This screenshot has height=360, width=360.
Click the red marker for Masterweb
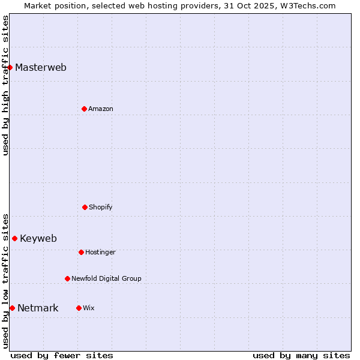pyautogui.click(x=10, y=67)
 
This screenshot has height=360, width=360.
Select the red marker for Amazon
pyautogui.click(x=84, y=109)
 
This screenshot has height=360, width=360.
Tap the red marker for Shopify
pyautogui.click(x=85, y=207)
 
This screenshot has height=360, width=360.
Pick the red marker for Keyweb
pyautogui.click(x=14, y=238)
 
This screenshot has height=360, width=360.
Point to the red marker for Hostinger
pyautogui.click(x=81, y=252)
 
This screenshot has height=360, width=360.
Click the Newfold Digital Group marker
pyautogui.click(x=67, y=278)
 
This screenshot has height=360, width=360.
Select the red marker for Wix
pyautogui.click(x=79, y=308)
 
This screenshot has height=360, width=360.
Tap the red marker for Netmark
pyautogui.click(x=12, y=308)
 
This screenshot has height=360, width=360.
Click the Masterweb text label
pyautogui.click(x=41, y=67)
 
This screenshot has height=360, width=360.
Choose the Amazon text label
pyautogui.click(x=101, y=109)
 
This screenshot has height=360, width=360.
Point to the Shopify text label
pyautogui.click(x=101, y=207)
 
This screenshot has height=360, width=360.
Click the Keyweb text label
pyautogui.click(x=38, y=238)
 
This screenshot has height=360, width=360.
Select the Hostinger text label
pyautogui.click(x=100, y=252)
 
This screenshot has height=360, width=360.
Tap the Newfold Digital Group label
pyautogui.click(x=106, y=278)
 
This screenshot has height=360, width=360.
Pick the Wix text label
pyautogui.click(x=89, y=308)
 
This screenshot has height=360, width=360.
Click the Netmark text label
pyautogui.click(x=38, y=308)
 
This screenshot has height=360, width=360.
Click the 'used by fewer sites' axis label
pyautogui.click(x=62, y=355)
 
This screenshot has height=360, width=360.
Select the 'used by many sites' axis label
pyautogui.click(x=301, y=355)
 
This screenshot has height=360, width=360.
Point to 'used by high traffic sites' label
pyautogui.click(x=5, y=85)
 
